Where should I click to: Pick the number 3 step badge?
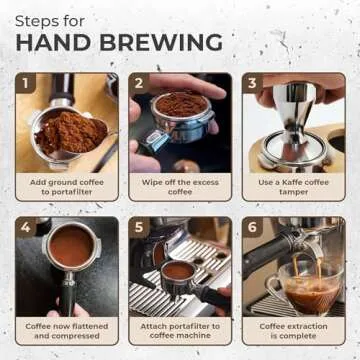tap(253, 84)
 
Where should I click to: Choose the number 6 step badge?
tap(253, 228)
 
